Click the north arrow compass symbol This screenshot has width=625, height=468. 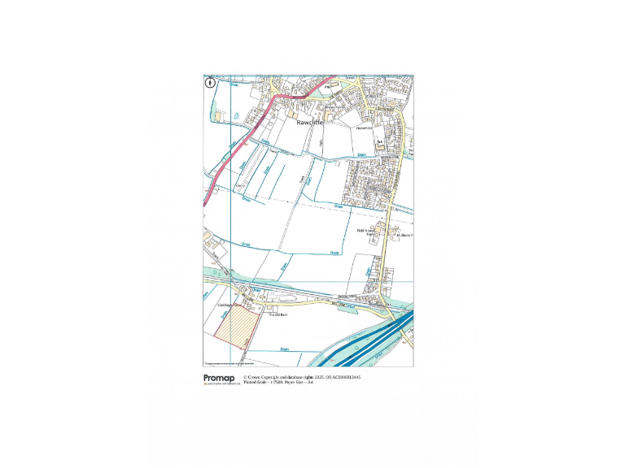click(x=211, y=81)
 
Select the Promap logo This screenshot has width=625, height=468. click(x=220, y=378)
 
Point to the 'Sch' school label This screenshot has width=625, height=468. click(x=379, y=141)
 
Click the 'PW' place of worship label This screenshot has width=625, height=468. click(x=330, y=84)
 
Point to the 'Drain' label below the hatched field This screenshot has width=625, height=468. click(x=285, y=349)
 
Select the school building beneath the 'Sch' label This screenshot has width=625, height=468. click(x=379, y=146)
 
